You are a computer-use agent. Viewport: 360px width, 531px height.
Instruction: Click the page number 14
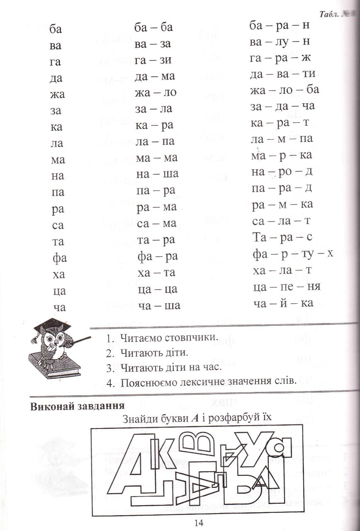click(198, 523)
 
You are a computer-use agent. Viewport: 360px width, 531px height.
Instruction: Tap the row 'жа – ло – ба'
click(285, 90)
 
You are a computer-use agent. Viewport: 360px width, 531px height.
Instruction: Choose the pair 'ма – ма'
click(156, 158)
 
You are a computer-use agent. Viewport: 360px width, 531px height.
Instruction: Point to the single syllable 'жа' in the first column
click(57, 95)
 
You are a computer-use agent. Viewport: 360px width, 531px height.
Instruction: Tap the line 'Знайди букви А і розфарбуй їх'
click(197, 418)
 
